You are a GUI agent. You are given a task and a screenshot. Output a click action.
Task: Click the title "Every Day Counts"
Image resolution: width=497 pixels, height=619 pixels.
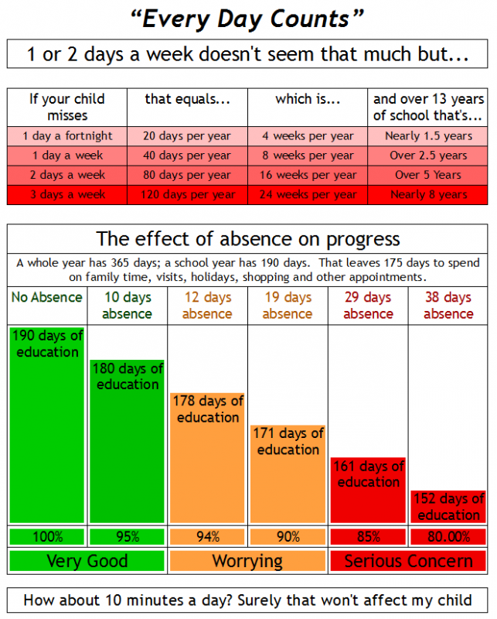click(247, 19)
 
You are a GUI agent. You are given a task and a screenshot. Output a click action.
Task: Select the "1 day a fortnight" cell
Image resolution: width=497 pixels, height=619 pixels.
click(67, 136)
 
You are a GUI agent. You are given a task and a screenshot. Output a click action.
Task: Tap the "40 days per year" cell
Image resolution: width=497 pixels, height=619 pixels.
click(187, 156)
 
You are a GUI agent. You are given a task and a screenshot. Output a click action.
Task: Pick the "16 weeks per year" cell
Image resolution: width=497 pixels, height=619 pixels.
click(308, 175)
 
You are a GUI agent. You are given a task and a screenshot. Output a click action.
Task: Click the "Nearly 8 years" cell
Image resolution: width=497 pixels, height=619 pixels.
click(428, 195)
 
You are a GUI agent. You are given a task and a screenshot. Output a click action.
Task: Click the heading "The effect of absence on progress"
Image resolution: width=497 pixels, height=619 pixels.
click(247, 239)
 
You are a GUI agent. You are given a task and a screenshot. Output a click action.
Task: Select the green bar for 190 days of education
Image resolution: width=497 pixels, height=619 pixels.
click(47, 425)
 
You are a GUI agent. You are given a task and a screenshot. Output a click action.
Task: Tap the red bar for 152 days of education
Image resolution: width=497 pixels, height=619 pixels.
click(448, 507)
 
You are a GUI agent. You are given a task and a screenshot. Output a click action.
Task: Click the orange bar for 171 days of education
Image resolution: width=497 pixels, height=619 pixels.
click(288, 474)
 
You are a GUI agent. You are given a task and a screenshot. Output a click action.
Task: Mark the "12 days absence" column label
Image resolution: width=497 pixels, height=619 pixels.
click(207, 305)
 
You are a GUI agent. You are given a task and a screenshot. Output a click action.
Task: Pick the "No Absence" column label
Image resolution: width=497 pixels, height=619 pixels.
click(47, 297)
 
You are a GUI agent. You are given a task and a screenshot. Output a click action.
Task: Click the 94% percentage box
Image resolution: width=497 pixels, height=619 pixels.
click(207, 537)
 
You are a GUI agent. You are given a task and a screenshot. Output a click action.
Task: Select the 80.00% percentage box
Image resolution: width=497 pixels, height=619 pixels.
click(448, 537)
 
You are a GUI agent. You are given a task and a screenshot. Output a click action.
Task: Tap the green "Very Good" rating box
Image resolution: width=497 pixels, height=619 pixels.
click(87, 561)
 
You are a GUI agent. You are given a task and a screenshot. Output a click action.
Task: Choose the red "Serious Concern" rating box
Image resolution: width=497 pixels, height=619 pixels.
click(408, 561)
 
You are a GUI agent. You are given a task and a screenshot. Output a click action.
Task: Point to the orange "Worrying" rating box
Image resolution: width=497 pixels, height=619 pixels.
click(247, 561)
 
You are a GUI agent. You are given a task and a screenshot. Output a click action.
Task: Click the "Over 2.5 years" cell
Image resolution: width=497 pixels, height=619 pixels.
click(428, 156)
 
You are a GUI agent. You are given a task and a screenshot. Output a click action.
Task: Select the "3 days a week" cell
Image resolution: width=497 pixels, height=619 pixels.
click(67, 195)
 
